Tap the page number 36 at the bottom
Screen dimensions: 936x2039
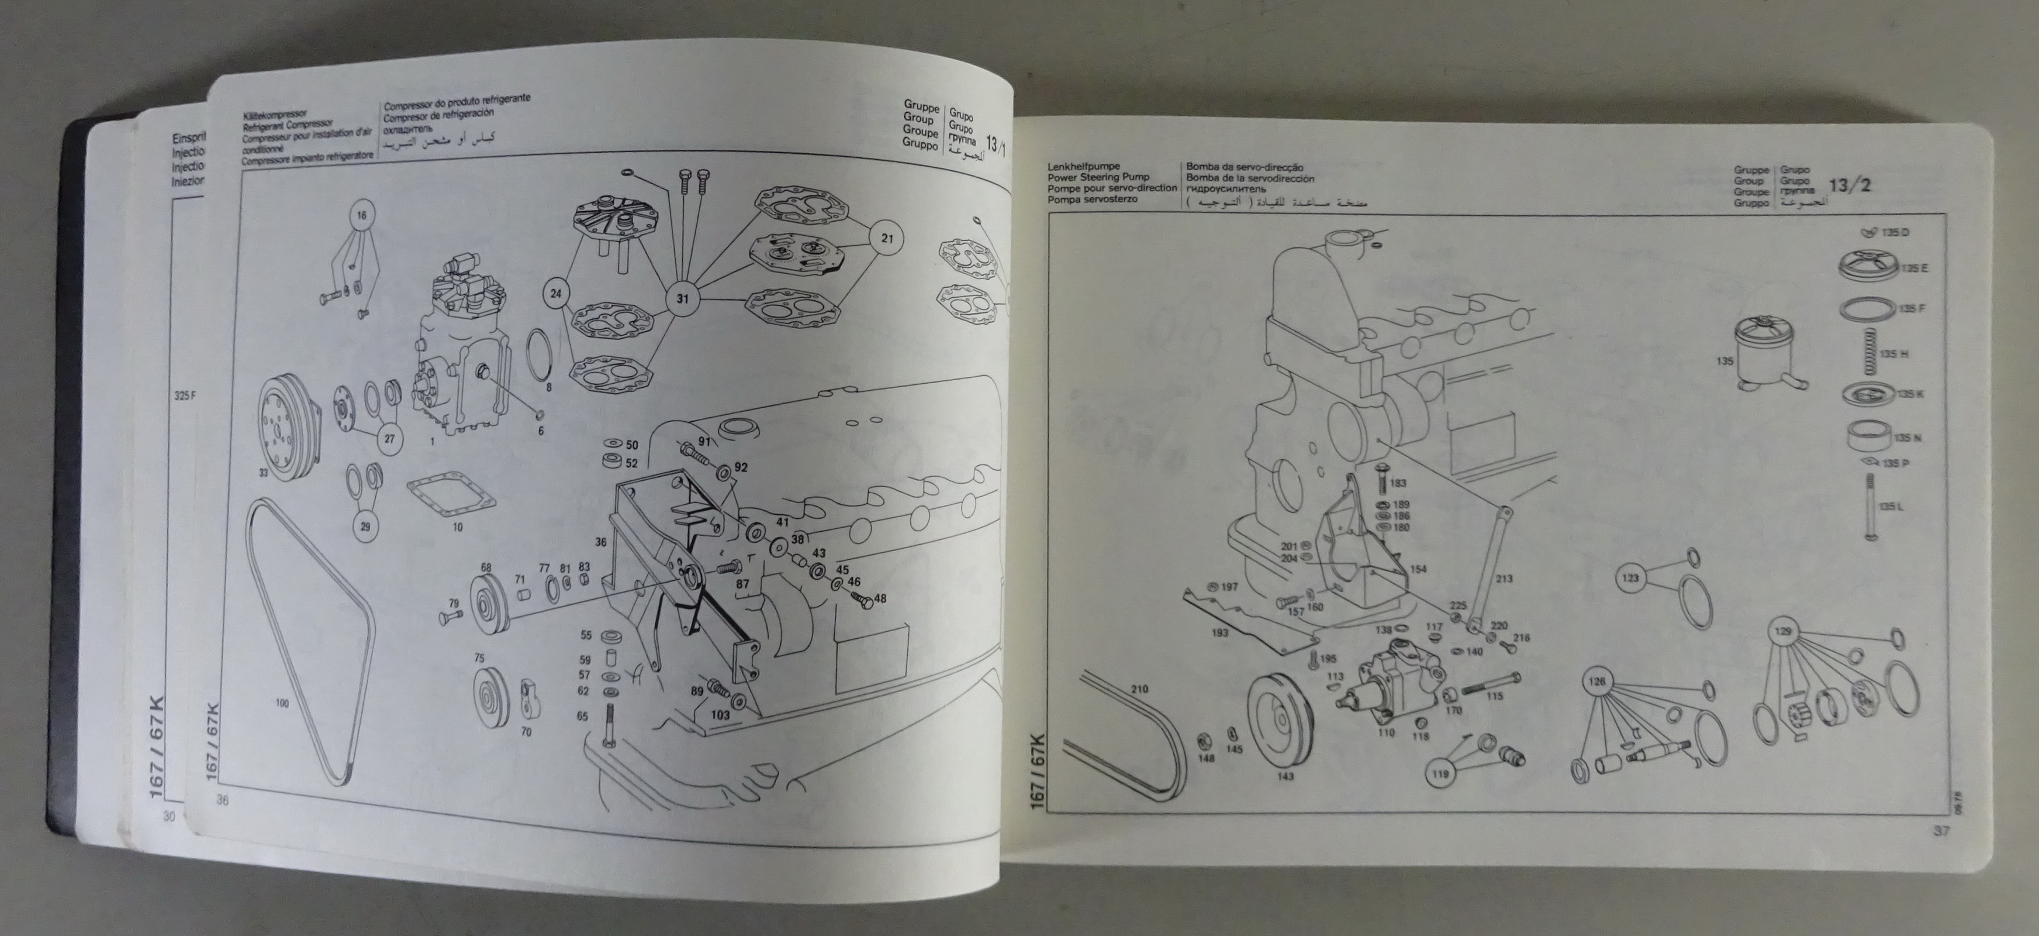(222, 801)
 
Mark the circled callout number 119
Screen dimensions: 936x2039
(1440, 774)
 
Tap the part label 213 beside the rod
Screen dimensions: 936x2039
(1504, 579)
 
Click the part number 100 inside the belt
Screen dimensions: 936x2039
(282, 703)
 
